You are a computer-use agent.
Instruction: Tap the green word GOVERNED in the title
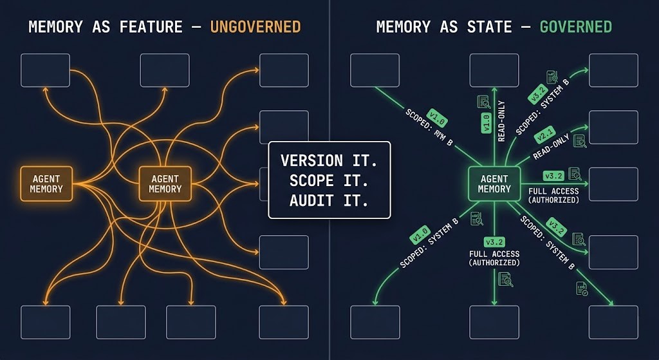click(x=575, y=26)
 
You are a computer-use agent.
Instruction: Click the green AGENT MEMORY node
click(x=494, y=184)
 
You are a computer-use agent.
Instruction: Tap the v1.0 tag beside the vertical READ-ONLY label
click(x=487, y=123)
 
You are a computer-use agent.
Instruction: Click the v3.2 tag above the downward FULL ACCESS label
click(x=494, y=242)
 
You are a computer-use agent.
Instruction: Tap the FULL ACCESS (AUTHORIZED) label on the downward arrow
click(x=494, y=258)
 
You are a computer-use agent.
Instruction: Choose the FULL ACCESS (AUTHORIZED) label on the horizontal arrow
click(x=553, y=195)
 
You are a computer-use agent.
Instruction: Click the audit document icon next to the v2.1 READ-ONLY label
click(x=580, y=141)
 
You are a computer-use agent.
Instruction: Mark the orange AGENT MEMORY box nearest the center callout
click(x=165, y=184)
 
